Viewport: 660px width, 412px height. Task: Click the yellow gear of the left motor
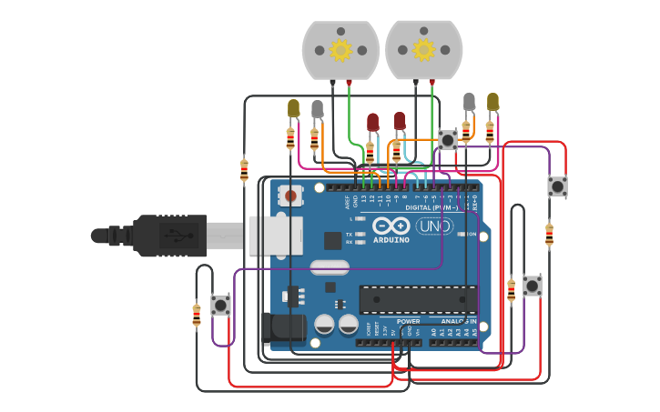point(340,49)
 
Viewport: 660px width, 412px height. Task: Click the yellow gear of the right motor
point(423,49)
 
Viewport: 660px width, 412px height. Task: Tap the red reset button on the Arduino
point(290,194)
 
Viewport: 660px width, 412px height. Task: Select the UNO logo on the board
point(433,226)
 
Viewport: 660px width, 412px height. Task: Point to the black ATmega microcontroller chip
point(418,298)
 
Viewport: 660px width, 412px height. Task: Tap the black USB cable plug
point(169,236)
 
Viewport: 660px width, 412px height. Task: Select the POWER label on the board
point(408,321)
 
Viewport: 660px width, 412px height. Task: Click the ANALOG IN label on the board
point(457,321)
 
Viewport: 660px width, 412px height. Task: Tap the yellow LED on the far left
point(293,108)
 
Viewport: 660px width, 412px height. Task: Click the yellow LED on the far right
point(492,101)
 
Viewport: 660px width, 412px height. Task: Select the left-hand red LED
point(372,122)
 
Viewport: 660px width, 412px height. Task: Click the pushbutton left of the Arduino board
point(220,305)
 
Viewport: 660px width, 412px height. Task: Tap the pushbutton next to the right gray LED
point(447,139)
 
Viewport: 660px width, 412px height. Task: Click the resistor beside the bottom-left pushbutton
point(197,315)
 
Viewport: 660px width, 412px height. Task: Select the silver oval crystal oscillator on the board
point(329,267)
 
